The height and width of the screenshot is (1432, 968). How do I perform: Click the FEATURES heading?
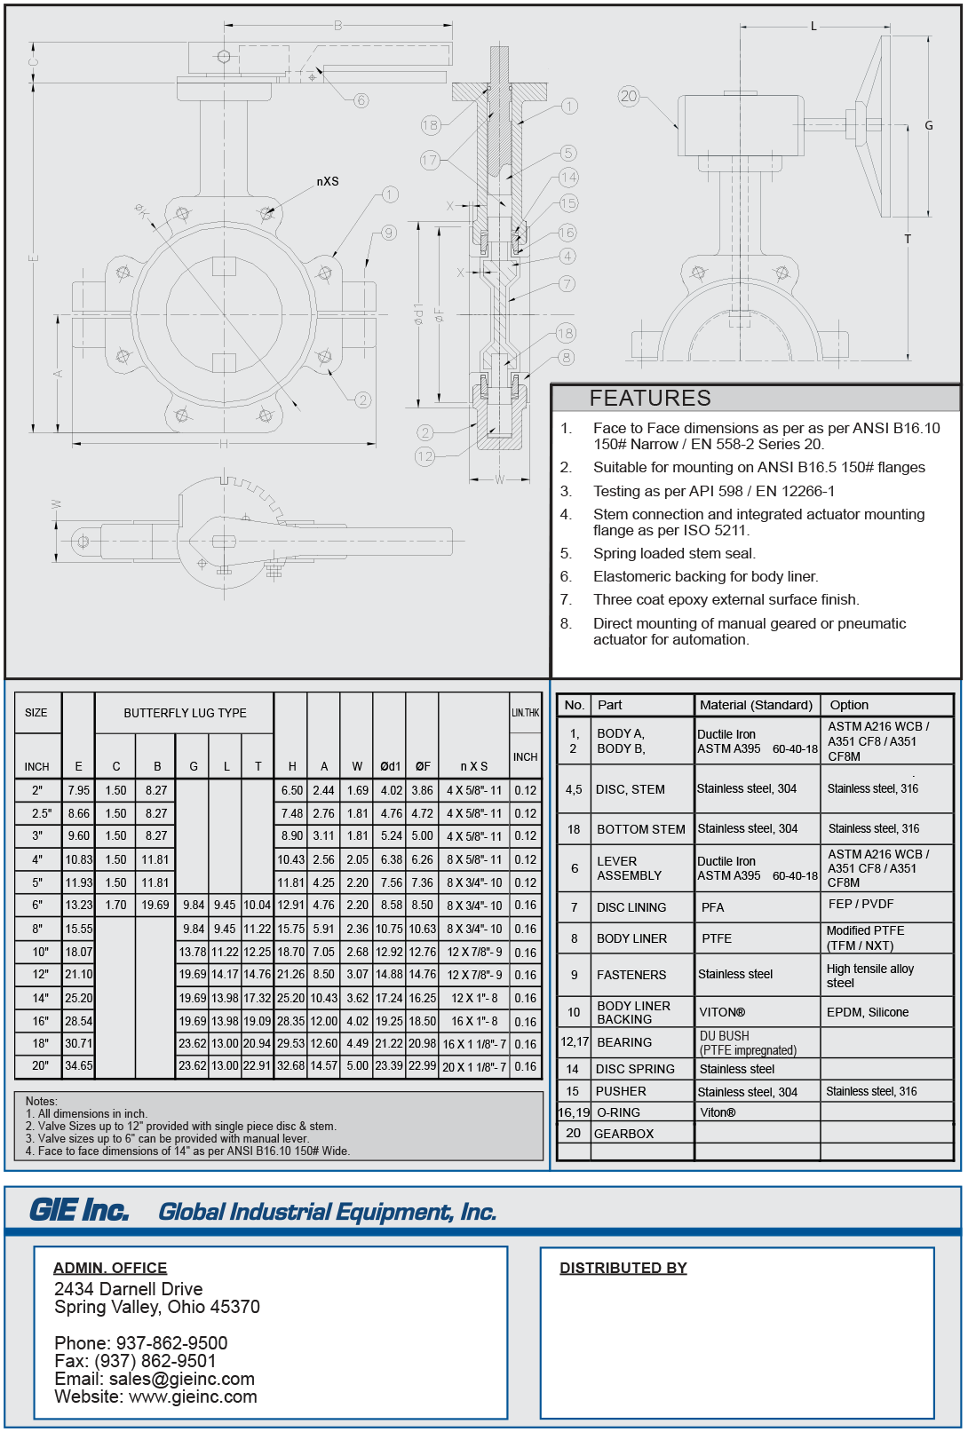[650, 398]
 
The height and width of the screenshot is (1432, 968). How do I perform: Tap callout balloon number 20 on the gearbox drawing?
[629, 96]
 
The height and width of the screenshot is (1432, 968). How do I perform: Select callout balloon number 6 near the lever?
[361, 100]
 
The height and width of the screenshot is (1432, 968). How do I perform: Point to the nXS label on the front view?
[328, 181]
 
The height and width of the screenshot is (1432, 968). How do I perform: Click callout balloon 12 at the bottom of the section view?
[425, 456]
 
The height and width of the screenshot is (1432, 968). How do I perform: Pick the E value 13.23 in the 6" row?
[78, 905]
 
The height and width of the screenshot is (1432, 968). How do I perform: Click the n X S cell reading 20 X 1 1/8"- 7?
[474, 1066]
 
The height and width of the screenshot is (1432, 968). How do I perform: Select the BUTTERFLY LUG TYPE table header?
[185, 713]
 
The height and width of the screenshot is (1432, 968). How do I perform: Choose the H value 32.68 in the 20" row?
[291, 1066]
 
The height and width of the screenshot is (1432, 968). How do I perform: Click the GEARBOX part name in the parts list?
[623, 1134]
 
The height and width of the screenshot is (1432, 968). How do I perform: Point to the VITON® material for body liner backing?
[722, 1012]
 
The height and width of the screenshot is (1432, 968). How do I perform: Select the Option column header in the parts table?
[849, 705]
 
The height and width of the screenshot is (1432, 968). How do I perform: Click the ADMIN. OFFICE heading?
[110, 1268]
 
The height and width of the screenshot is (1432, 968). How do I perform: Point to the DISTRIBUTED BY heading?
[623, 1268]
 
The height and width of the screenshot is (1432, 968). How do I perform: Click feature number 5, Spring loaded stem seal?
[674, 553]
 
